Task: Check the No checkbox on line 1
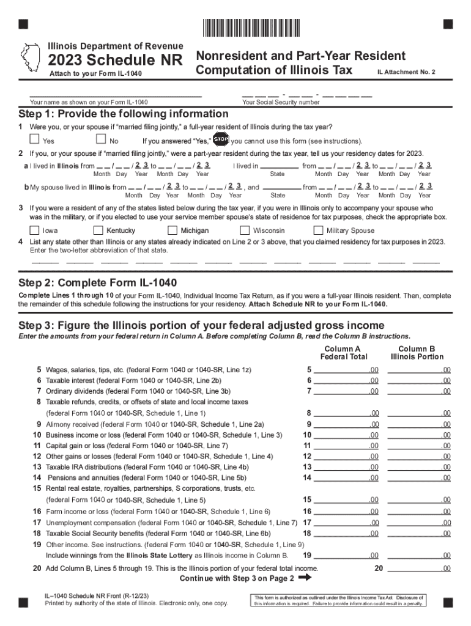click(x=102, y=140)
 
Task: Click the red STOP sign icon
click(x=220, y=139)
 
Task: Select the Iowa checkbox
click(x=35, y=230)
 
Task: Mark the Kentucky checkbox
click(x=98, y=230)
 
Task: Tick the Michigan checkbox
click(x=173, y=230)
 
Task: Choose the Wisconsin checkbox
click(x=245, y=230)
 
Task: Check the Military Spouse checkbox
click(x=318, y=230)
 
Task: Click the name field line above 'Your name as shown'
click(x=116, y=95)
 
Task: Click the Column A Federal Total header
click(x=343, y=353)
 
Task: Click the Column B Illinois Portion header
click(x=418, y=353)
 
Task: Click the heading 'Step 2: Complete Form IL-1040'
click(x=97, y=282)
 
